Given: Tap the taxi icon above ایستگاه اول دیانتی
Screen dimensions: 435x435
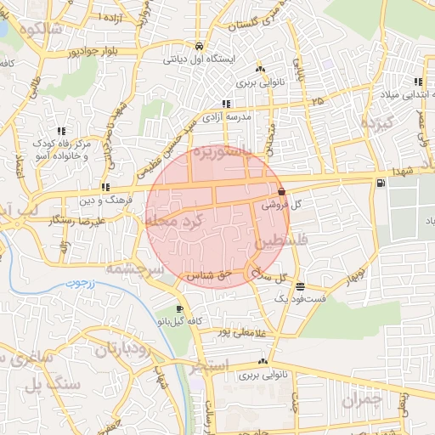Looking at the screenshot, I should point(198,47).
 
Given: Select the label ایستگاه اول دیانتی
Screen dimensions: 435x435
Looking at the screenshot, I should point(198,60).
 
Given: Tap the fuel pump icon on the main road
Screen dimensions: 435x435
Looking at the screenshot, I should point(379,182).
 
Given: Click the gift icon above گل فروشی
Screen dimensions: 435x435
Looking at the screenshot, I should point(281,191).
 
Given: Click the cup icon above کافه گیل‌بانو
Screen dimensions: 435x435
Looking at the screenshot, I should point(178,308).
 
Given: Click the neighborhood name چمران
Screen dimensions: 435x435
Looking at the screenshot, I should point(363,398).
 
